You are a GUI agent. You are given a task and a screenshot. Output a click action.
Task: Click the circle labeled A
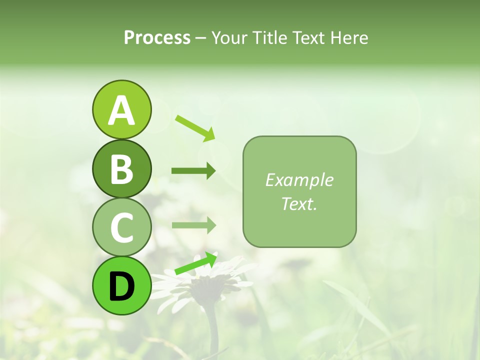point(121,109)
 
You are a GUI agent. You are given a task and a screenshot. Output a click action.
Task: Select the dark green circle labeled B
point(121,168)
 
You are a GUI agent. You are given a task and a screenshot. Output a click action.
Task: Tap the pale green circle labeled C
point(121,227)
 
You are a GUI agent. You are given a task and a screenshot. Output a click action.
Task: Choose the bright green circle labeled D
point(121,285)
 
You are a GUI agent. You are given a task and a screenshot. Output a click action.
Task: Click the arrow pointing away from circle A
point(195,127)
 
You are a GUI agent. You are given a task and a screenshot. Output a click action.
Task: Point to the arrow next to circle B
point(193,171)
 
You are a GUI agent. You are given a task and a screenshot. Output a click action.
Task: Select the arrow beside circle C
point(193,225)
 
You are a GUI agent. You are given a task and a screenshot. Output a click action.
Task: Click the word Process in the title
point(157,37)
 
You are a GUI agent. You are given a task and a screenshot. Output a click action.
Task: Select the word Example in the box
point(299,180)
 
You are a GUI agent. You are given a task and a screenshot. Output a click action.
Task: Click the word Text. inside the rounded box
point(299,203)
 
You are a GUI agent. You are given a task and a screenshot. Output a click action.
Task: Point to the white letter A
point(121,110)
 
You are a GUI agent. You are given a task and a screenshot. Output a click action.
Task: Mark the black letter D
point(121,286)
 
